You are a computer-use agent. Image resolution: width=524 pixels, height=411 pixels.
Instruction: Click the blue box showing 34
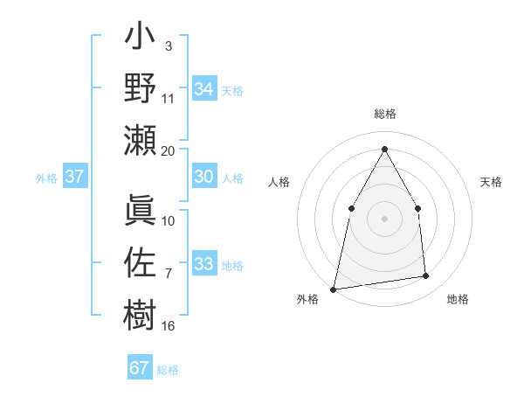(x=203, y=89)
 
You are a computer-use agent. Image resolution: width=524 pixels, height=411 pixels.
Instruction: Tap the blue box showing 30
(x=203, y=177)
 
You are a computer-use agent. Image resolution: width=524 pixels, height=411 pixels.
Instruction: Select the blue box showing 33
(x=203, y=264)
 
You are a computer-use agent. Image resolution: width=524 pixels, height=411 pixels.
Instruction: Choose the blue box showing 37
(x=74, y=177)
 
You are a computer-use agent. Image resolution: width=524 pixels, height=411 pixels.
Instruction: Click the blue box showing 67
(x=139, y=368)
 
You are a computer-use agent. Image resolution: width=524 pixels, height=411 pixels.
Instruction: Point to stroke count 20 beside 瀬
(x=169, y=150)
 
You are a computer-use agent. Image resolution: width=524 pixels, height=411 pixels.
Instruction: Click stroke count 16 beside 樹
(x=169, y=326)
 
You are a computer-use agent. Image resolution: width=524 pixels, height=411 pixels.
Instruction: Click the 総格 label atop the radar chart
(x=385, y=115)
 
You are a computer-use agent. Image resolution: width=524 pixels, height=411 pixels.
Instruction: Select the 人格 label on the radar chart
(x=279, y=182)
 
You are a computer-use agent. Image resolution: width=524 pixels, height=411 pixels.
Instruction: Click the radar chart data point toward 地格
(x=426, y=276)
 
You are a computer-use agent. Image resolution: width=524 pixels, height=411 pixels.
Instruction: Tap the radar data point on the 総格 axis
(x=384, y=148)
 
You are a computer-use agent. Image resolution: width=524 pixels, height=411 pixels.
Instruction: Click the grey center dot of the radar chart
(x=384, y=218)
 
